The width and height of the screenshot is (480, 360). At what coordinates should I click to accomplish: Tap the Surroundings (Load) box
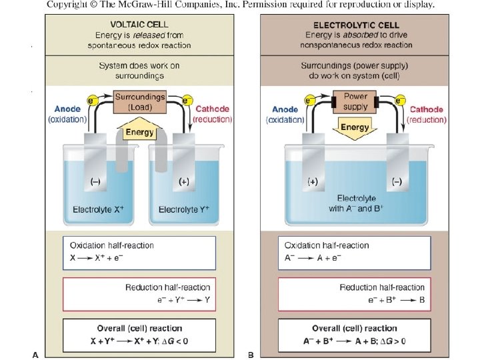tap(140, 101)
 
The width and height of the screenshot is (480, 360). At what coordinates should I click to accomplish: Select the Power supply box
tap(355, 101)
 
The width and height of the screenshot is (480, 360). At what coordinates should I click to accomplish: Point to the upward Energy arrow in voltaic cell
tap(140, 130)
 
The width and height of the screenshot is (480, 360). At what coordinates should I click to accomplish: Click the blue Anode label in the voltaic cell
tap(67, 109)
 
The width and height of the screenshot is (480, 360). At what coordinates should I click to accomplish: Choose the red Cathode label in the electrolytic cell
tap(426, 109)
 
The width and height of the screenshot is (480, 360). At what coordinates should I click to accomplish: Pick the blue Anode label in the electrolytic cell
tap(285, 109)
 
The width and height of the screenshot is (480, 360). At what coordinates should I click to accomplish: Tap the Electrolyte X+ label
tap(98, 210)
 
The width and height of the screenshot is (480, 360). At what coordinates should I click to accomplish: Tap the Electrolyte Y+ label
tap(184, 210)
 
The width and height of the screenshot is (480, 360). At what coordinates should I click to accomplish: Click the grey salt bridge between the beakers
tap(139, 143)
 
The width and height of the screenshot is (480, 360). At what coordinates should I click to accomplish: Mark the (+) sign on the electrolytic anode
tap(313, 181)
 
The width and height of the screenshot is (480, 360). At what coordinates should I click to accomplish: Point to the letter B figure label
tap(251, 355)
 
